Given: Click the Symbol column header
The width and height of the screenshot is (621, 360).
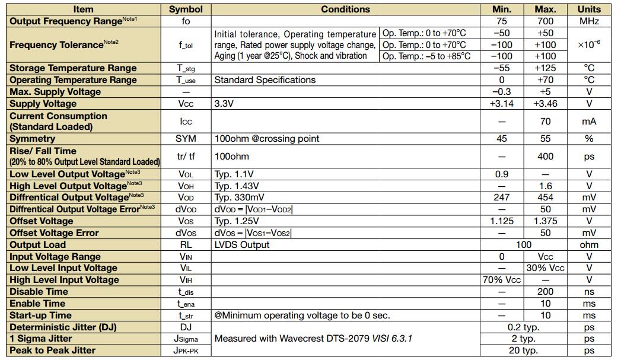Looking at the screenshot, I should [x=186, y=9].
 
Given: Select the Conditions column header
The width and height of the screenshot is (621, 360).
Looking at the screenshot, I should [x=345, y=9].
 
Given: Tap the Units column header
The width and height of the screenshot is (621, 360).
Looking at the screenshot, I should [x=588, y=9].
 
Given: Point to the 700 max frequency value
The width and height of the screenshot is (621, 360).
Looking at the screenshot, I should [x=545, y=21].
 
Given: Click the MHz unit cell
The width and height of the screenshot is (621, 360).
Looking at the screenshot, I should [x=588, y=21].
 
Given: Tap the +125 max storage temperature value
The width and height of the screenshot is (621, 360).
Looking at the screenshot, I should [x=545, y=68].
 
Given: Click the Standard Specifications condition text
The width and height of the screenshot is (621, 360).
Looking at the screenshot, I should [x=265, y=80].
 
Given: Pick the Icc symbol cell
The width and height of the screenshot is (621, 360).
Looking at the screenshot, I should [x=186, y=122].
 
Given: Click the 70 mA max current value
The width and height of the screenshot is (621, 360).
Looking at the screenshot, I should [x=545, y=122].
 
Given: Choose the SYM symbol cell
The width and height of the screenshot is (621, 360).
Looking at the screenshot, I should [x=186, y=139].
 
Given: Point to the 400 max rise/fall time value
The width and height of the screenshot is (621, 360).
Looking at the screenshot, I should [x=545, y=157].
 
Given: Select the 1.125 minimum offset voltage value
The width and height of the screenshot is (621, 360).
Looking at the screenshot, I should [x=502, y=221].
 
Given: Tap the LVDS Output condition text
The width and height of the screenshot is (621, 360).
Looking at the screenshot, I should [x=241, y=245].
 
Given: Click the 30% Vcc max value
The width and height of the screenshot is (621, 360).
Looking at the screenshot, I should [x=545, y=268].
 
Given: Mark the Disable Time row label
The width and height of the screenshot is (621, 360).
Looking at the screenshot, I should [x=39, y=292].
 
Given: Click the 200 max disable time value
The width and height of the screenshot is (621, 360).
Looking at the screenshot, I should [x=545, y=292].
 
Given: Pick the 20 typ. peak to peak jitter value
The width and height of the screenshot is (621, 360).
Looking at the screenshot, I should [x=523, y=351].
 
